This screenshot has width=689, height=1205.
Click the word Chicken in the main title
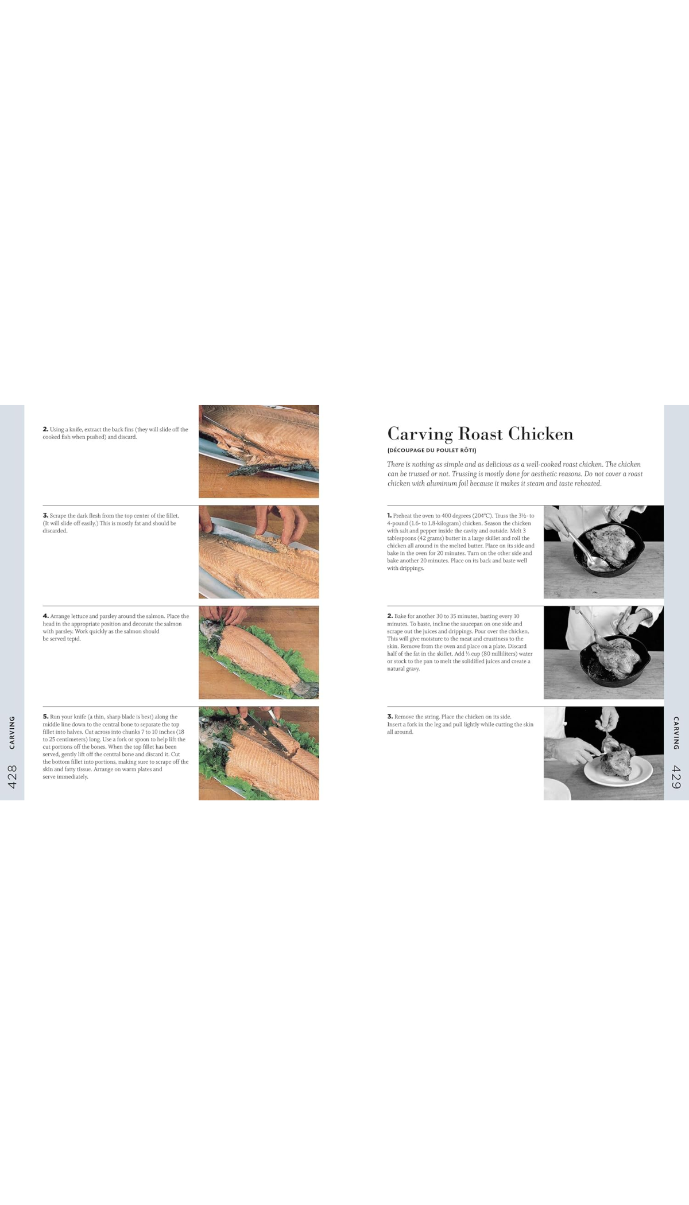pos(540,434)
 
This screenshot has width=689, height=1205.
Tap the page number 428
pos(12,776)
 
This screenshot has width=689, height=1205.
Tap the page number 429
pos(676,777)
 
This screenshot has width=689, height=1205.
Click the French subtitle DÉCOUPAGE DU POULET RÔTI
pos(432,450)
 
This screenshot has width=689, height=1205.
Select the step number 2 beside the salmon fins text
pos(45,429)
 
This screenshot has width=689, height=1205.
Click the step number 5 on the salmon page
pos(45,717)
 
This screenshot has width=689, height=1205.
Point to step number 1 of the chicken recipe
pos(389,516)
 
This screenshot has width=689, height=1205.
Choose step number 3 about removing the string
pos(390,717)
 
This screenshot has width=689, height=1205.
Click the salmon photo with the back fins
pos(258,452)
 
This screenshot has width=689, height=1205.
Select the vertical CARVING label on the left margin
pos(12,732)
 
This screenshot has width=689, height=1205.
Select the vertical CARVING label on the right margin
pos(676,733)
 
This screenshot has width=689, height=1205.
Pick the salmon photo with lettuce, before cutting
pos(258,652)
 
